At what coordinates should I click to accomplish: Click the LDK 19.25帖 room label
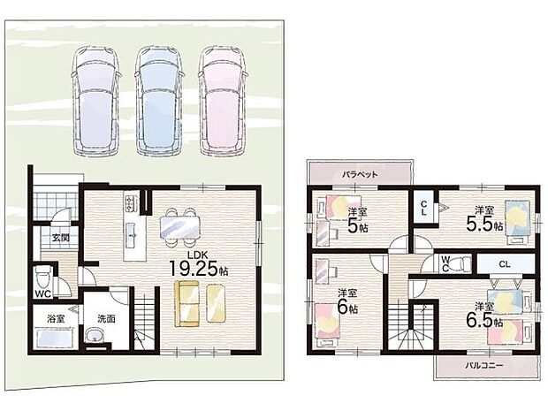point(199,264)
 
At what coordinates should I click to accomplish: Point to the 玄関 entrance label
point(60,238)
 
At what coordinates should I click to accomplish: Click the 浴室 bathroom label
point(56,318)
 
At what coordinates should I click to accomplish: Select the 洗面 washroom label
point(106,318)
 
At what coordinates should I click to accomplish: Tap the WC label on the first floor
point(43,293)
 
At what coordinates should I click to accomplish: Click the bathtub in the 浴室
point(54,338)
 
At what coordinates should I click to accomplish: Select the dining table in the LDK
point(180,227)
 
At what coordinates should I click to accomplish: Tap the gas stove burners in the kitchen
point(130,203)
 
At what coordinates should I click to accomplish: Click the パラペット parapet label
point(360,174)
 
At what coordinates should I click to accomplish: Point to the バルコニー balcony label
point(484,366)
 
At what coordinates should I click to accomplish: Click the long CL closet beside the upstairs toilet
point(505,264)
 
